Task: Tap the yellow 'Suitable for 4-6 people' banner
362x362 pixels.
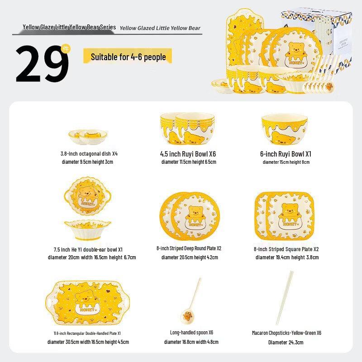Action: pyautogui.click(x=128, y=57)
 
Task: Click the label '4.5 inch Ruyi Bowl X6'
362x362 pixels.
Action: pyautogui.click(x=188, y=154)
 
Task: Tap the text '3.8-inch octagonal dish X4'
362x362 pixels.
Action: pyautogui.click(x=89, y=154)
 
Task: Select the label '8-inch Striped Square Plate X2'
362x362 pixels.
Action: pyautogui.click(x=286, y=249)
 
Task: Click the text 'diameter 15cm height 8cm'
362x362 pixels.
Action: pyautogui.click(x=286, y=162)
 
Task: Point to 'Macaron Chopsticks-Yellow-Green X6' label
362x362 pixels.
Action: pyautogui.click(x=286, y=333)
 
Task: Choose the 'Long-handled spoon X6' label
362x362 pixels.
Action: pyautogui.click(x=191, y=333)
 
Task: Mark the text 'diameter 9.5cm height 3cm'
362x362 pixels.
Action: pyautogui.click(x=87, y=162)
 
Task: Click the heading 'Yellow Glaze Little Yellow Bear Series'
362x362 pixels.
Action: pyautogui.click(x=69, y=28)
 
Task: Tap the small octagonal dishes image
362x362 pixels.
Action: pyautogui.click(x=88, y=135)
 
